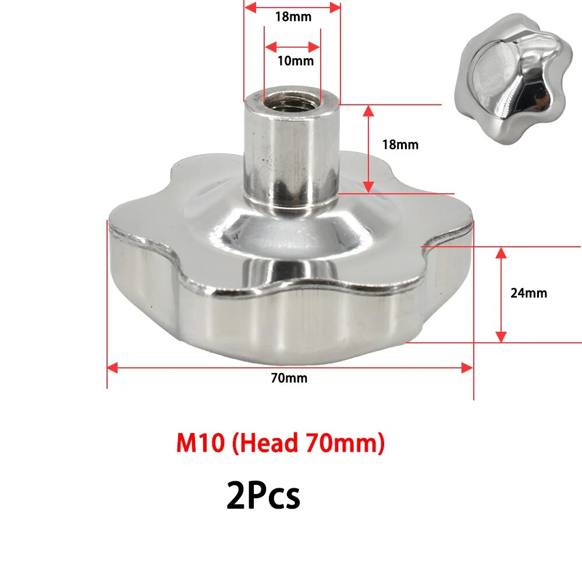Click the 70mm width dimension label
tap(289, 378)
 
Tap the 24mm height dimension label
tap(528, 293)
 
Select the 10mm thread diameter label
tap(295, 61)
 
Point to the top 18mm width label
tap(293, 17)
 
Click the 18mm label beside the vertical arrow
tap(400, 145)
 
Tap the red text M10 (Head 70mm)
tap(281, 444)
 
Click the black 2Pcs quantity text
tap(263, 496)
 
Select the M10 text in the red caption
tap(200, 444)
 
